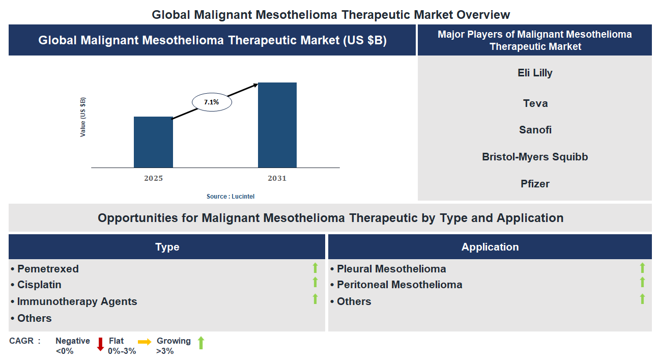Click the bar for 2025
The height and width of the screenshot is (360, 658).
point(153,142)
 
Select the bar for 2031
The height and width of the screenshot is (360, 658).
point(277,125)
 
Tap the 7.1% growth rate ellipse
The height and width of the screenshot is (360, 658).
point(212,102)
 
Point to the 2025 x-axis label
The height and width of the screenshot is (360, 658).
point(153,178)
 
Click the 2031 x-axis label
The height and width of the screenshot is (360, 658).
point(277,178)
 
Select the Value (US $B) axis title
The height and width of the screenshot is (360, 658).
point(83,117)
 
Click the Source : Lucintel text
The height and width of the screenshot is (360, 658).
point(230,196)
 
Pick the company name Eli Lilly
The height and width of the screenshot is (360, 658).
point(535,73)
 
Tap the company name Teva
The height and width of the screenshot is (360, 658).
point(535,103)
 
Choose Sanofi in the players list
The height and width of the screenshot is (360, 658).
point(535,130)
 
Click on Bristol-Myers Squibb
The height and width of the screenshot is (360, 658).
point(535,157)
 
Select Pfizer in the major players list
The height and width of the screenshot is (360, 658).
point(535,184)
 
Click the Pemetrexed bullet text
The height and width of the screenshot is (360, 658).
point(48,269)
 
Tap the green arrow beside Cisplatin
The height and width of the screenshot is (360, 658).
point(315,282)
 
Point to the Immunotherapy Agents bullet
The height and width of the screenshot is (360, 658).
point(77,301)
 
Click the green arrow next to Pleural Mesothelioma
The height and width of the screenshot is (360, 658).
point(642,268)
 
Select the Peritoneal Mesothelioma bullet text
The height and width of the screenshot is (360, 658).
point(399,285)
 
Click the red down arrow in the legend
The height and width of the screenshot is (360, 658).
point(100,344)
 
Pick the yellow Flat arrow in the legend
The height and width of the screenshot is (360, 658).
point(145,342)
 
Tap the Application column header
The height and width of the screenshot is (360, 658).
point(490,247)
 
